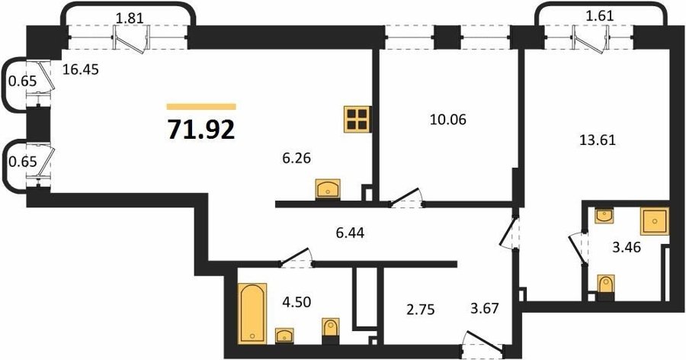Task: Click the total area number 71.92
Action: (201, 129)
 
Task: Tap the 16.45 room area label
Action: (81, 69)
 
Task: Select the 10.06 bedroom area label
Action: (447, 119)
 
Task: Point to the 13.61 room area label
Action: (597, 140)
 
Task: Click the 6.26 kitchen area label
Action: (297, 158)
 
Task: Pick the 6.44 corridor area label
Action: (350, 233)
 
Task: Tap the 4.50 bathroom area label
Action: (297, 302)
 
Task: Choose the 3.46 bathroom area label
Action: (627, 247)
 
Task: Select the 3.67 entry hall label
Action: (484, 308)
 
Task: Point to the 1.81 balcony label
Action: (130, 18)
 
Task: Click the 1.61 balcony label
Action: (599, 16)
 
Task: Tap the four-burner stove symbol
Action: (357, 119)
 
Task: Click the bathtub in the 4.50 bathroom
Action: (253, 313)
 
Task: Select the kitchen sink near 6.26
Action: (328, 189)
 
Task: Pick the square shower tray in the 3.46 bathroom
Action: (655, 221)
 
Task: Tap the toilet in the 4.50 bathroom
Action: (330, 331)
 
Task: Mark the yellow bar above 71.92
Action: (201, 107)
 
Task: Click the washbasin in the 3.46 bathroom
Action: (604, 216)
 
